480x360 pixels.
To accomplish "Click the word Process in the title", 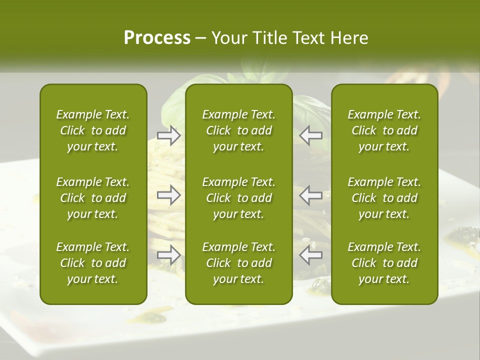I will (157, 38).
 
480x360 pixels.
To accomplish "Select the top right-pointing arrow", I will (169, 135).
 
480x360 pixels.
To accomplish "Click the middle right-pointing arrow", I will (169, 195).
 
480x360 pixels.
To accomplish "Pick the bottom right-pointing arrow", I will (169, 255).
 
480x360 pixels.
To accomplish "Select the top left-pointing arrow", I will (311, 135).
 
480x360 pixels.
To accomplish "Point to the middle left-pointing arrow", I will (311, 195).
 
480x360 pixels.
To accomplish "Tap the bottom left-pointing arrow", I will (311, 255).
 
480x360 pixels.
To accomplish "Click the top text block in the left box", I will (93, 130).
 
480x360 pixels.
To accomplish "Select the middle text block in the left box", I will (93, 198).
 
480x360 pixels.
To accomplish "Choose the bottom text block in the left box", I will (93, 263).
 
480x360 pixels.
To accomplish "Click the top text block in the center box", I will (238, 130).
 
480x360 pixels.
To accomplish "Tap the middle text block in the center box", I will (238, 198).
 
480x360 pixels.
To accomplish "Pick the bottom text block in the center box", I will (238, 263).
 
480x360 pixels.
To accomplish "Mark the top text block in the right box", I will (384, 130).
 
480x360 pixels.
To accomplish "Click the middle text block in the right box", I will (384, 198).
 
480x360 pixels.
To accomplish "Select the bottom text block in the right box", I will (384, 263).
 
